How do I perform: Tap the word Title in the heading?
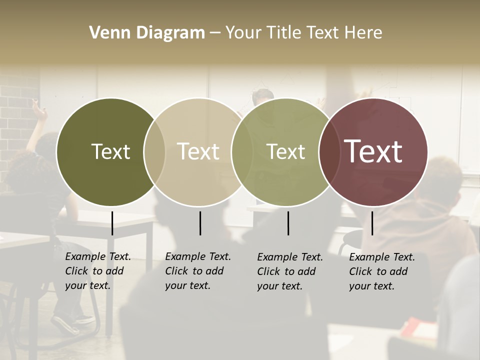pos(284,33)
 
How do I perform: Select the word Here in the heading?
pos(363,33)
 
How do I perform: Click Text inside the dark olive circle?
pos(110,151)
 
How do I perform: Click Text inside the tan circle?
pos(198,151)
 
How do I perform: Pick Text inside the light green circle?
pos(286,151)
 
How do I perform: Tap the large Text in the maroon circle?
pos(373,151)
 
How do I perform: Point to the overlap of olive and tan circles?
pos(154,152)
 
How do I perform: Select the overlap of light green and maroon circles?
pos(329,152)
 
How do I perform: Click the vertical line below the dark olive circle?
pos(112,223)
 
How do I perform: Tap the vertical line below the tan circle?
pos(200,223)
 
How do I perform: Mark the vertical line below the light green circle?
pos(288,223)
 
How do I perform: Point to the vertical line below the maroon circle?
pos(372,223)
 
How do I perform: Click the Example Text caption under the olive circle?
pos(97,271)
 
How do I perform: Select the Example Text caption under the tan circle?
pos(197,271)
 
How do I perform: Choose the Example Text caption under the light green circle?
pos(289,271)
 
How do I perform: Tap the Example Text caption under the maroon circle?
pos(381,271)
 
